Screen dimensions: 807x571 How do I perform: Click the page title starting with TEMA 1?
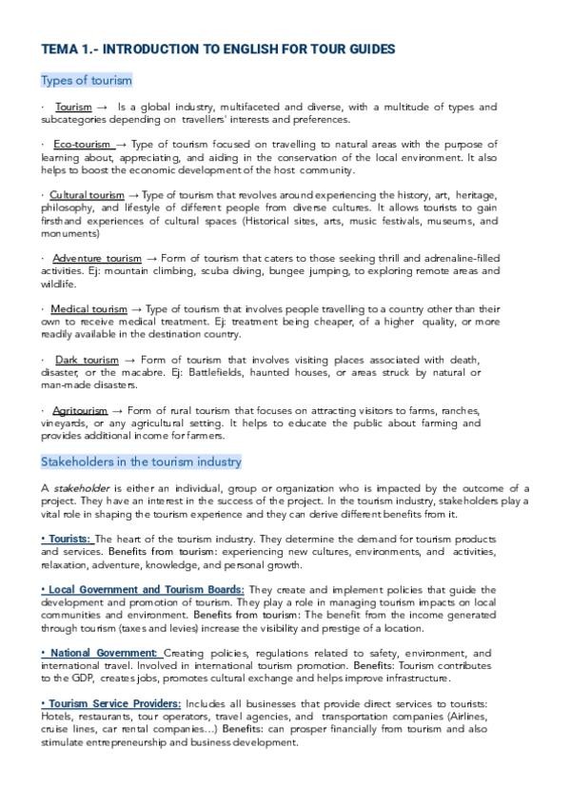[219, 49]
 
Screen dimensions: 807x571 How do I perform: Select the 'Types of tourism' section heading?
[87, 80]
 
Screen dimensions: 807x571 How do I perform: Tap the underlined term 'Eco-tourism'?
[82, 144]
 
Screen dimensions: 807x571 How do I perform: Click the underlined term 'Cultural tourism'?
[87, 195]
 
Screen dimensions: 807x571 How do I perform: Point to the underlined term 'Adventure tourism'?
[97, 258]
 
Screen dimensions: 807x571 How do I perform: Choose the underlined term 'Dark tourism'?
[88, 360]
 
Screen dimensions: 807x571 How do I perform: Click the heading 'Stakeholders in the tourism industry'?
[141, 462]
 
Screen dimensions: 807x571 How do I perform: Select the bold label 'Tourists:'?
[67, 539]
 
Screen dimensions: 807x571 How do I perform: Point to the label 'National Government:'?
[101, 653]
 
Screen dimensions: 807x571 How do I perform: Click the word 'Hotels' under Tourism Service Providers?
[56, 716]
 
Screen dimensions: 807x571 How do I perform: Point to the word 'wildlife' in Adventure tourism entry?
[57, 284]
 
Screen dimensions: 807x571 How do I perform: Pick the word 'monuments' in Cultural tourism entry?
[68, 233]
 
